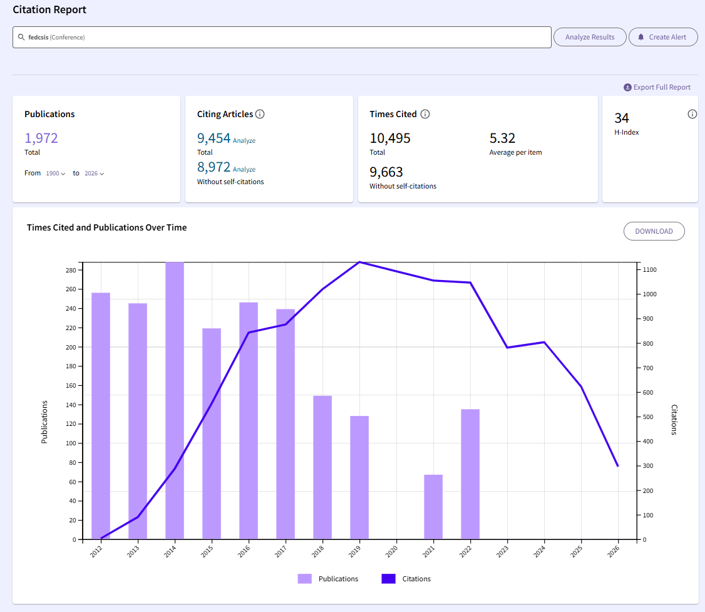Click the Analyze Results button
pyautogui.click(x=589, y=37)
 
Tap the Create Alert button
pyautogui.click(x=662, y=37)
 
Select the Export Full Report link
pyautogui.click(x=657, y=87)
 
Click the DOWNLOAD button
pyautogui.click(x=654, y=231)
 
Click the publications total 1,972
pyautogui.click(x=41, y=138)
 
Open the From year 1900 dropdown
pyautogui.click(x=56, y=173)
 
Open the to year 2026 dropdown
pyautogui.click(x=95, y=173)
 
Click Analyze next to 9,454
pyautogui.click(x=244, y=141)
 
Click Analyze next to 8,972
pyautogui.click(x=244, y=170)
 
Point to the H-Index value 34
pyautogui.click(x=622, y=118)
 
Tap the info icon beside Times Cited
pyautogui.click(x=425, y=114)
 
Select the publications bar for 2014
pyautogui.click(x=175, y=401)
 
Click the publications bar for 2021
pyautogui.click(x=433, y=507)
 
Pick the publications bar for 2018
pyautogui.click(x=322, y=468)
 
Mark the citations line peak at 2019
pyautogui.click(x=359, y=262)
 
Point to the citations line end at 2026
pyautogui.click(x=618, y=466)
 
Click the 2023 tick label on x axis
pyautogui.click(x=502, y=551)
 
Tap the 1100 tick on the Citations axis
pyautogui.click(x=649, y=270)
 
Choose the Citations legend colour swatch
pyautogui.click(x=388, y=579)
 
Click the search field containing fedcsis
pyautogui.click(x=282, y=38)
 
